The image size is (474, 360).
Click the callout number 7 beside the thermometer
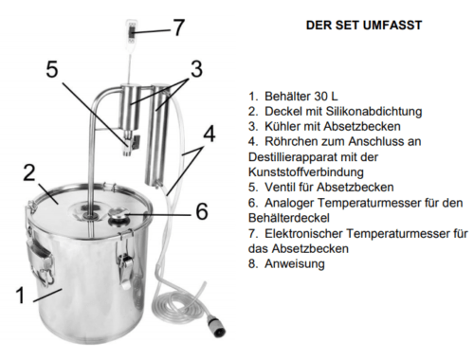pyautogui.click(x=178, y=27)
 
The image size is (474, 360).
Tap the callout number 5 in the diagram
pyautogui.click(x=52, y=69)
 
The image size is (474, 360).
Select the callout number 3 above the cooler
pyautogui.click(x=196, y=69)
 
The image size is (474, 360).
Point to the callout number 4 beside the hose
pyautogui.click(x=210, y=134)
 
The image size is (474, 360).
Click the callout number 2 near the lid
pyautogui.click(x=29, y=172)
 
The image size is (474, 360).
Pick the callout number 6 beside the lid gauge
pyautogui.click(x=202, y=211)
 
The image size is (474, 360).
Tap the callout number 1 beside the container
pyautogui.click(x=20, y=296)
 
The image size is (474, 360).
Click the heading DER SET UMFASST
pyautogui.click(x=364, y=26)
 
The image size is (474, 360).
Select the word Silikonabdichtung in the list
pyautogui.click(x=374, y=111)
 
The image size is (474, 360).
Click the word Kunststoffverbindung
pyautogui.click(x=306, y=172)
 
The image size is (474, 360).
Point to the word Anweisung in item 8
pyautogui.click(x=295, y=263)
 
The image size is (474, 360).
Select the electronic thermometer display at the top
pyautogui.click(x=132, y=31)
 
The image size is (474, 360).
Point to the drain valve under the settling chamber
pyautogui.click(x=131, y=143)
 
